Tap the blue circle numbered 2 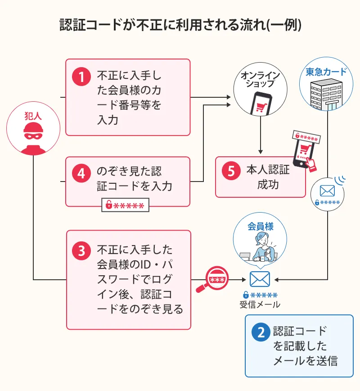point(260,332)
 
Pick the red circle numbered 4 point(81,173)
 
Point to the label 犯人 point(33,115)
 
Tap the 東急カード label point(326,72)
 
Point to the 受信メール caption point(260,305)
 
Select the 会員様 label point(261,226)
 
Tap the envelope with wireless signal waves point(328,190)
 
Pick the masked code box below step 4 point(125,206)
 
